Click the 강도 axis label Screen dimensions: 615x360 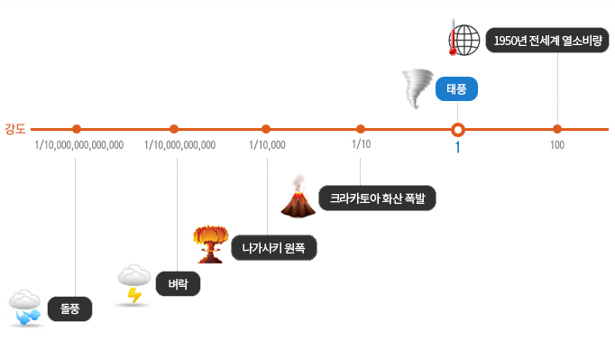(15, 128)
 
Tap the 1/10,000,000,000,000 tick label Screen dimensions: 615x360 (78, 144)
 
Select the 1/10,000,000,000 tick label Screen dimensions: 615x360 (179, 144)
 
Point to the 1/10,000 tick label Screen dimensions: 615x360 (267, 144)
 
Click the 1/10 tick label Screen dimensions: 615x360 (361, 143)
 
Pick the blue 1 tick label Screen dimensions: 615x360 (457, 147)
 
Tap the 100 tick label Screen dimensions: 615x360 (557, 144)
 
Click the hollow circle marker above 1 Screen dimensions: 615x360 (457, 128)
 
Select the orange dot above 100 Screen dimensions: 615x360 (557, 128)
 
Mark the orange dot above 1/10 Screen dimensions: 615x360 (361, 128)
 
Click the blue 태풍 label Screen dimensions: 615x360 (457, 89)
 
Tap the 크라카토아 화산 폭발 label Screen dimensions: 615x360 (378, 198)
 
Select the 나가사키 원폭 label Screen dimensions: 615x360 (273, 247)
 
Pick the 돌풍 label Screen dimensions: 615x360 (69, 309)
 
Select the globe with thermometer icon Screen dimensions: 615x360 (464, 39)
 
